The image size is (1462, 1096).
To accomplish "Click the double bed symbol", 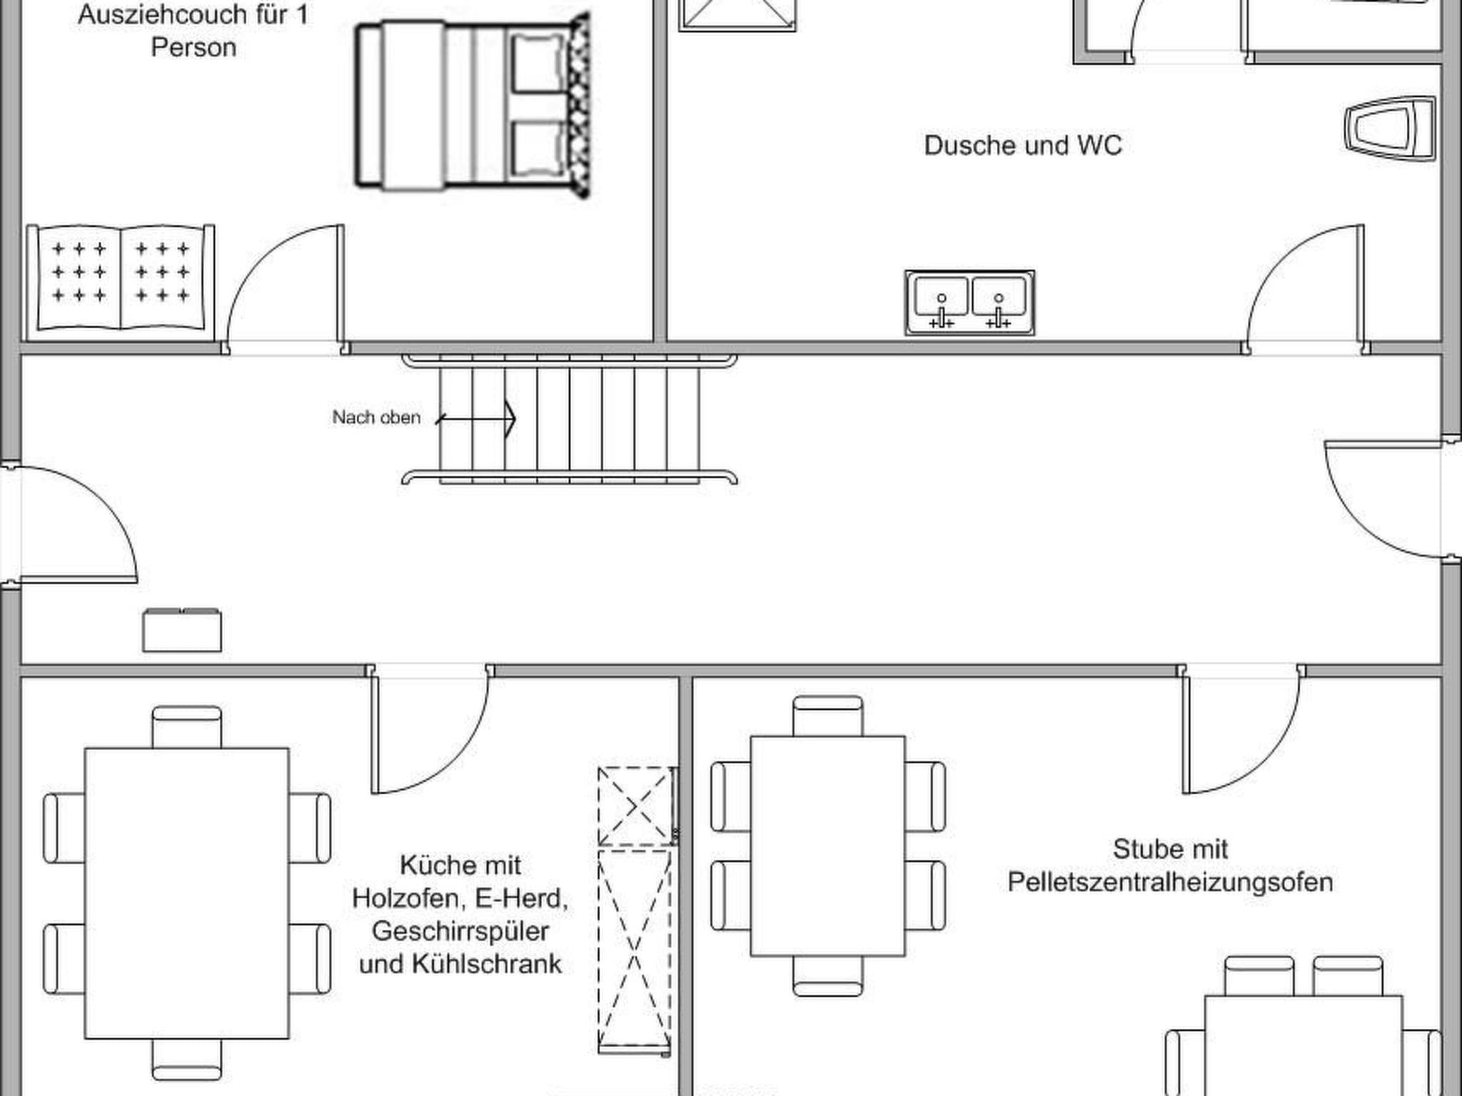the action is [473, 106].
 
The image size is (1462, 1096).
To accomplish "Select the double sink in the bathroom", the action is [969, 303].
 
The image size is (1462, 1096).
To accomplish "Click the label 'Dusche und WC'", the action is [1023, 146].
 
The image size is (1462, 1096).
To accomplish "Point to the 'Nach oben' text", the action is [376, 417].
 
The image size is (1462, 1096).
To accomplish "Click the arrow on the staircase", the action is [475, 418].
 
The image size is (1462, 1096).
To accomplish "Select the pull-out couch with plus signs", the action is [121, 283].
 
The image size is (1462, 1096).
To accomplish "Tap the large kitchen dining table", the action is [187, 893].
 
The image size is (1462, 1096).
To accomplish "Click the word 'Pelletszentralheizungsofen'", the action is [1170, 883].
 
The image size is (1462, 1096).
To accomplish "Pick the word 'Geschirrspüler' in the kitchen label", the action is [460, 931].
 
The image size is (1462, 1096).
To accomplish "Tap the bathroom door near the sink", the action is [1306, 289].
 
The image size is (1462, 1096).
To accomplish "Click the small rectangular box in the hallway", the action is [182, 630].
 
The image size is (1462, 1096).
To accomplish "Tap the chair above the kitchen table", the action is [187, 727].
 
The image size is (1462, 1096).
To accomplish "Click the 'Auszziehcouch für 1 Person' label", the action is [193, 31].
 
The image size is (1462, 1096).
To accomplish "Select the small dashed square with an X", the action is [636, 806].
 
